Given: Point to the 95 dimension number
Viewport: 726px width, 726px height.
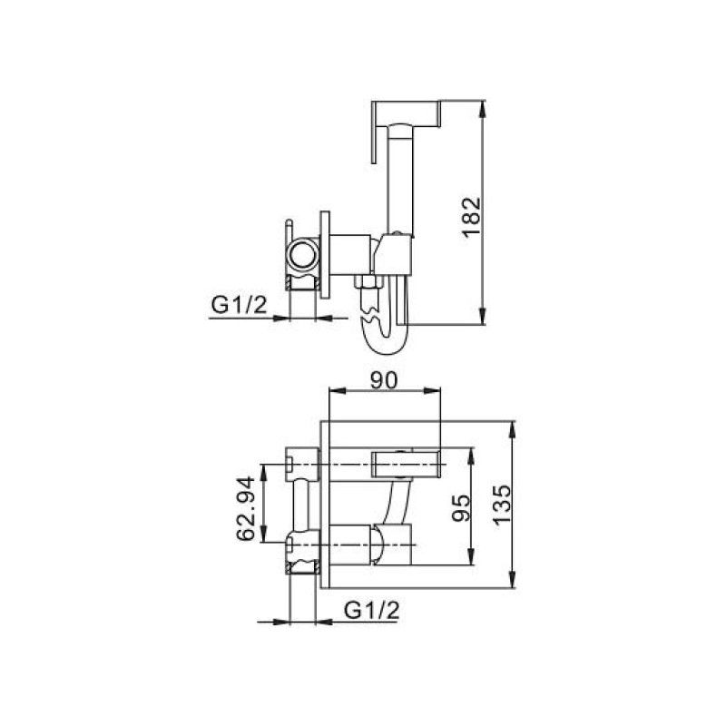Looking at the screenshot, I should pos(460,505).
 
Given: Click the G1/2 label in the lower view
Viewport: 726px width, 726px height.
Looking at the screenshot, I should pos(372,609).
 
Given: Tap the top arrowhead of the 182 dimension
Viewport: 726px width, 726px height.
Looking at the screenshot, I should pos(486,106).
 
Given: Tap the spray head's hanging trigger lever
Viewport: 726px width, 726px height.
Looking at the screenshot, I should pos(374,136).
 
